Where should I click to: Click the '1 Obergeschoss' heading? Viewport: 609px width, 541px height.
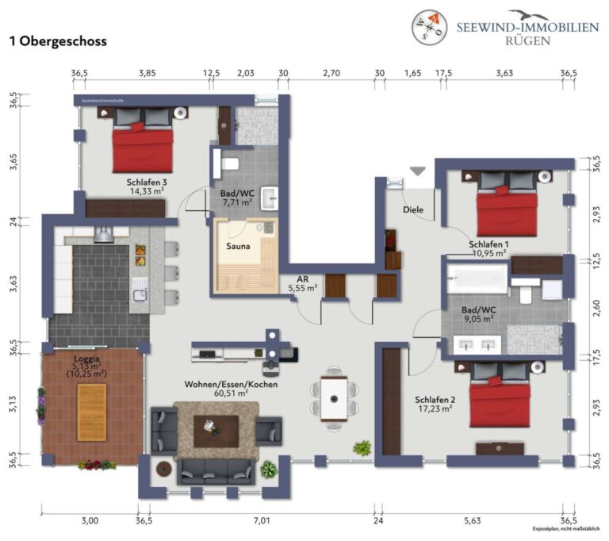(57, 40)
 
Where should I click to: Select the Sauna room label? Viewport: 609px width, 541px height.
(238, 246)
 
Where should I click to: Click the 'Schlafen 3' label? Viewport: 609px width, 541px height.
(146, 182)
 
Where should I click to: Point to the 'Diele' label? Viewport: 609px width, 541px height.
(413, 210)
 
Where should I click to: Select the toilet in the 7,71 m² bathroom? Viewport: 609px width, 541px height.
(230, 163)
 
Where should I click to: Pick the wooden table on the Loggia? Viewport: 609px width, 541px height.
(92, 406)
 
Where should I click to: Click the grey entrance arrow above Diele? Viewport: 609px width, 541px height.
(417, 171)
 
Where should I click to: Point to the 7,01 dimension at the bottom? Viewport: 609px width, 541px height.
(261, 520)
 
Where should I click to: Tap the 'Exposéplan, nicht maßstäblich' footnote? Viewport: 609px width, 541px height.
(566, 529)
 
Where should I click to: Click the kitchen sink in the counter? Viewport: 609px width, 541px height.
(140, 294)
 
